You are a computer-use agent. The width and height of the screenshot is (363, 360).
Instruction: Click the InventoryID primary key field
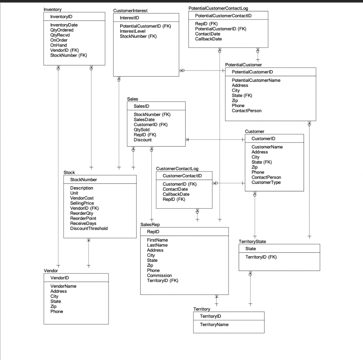tap(62, 17)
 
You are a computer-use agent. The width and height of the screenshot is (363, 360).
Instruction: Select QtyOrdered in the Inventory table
tap(62, 30)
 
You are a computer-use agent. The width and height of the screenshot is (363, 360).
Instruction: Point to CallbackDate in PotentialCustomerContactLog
tap(208, 39)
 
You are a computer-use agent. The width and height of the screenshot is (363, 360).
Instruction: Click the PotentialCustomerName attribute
tap(256, 80)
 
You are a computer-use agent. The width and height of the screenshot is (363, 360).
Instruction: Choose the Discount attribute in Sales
tap(143, 140)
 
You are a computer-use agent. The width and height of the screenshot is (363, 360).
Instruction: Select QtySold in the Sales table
tap(141, 130)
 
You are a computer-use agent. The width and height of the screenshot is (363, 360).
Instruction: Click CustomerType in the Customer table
tap(266, 182)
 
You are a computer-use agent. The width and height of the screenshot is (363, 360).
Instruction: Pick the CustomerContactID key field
tap(182, 176)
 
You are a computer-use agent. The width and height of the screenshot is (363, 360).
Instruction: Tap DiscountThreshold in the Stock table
tap(89, 228)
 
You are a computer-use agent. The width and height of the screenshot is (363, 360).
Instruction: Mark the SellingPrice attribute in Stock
tap(82, 203)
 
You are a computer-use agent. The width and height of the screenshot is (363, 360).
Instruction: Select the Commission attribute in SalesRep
tap(159, 275)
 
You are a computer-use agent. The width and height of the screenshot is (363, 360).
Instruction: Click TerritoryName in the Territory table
tap(214, 325)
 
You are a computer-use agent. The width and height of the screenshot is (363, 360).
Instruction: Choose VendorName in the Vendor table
tap(63, 286)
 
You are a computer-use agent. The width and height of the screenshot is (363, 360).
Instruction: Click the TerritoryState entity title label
tap(252, 241)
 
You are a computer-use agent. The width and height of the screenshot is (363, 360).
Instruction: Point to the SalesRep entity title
tap(150, 225)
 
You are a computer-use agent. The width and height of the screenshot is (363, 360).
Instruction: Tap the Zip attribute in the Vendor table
tap(54, 306)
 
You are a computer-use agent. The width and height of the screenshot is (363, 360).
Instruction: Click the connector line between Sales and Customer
tap(215, 140)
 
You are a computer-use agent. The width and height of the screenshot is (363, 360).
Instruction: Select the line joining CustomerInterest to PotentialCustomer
tap(206, 71)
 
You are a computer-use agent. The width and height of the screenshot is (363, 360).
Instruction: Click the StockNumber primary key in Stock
tap(83, 180)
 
